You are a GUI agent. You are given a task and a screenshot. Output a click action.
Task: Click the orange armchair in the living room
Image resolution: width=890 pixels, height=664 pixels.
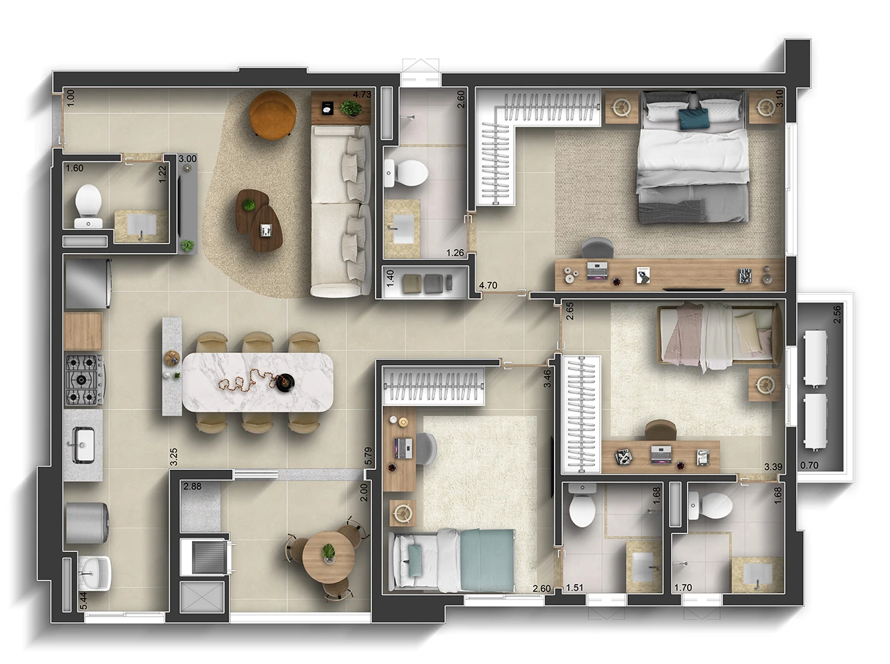(273, 114)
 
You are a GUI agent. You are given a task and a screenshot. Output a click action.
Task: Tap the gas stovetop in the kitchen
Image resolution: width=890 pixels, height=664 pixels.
(83, 380)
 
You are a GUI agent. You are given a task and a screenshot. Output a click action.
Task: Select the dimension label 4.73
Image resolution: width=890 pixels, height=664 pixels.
(362, 95)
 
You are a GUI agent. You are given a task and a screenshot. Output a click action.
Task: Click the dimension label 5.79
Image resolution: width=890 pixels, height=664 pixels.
(369, 455)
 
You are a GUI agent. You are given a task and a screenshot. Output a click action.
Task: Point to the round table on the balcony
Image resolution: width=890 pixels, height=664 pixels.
(327, 557)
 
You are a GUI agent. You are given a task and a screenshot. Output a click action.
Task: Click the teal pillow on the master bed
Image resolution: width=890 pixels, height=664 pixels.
(693, 118)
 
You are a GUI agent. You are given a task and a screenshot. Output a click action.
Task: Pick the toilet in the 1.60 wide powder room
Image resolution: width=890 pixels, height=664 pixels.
(88, 201)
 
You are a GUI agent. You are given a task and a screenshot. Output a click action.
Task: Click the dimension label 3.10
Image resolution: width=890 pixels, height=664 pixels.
(779, 98)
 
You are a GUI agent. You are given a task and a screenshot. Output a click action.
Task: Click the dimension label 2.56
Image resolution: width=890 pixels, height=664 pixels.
(837, 315)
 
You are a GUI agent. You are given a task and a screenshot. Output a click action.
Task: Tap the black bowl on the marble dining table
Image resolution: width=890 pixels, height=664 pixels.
(284, 381)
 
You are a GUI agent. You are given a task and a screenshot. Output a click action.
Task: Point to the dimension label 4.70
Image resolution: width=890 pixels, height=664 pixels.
(488, 284)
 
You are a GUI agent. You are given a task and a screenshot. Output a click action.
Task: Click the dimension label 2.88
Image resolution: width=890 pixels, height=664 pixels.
(193, 487)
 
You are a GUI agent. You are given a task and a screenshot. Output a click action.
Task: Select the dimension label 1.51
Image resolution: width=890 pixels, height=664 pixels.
(574, 588)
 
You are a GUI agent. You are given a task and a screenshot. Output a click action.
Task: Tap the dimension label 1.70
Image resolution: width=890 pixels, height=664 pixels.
(683, 588)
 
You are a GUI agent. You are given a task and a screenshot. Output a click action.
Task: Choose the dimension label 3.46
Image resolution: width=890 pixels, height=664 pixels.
(548, 378)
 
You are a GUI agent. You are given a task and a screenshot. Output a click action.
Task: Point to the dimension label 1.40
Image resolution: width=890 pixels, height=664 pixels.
(391, 280)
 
